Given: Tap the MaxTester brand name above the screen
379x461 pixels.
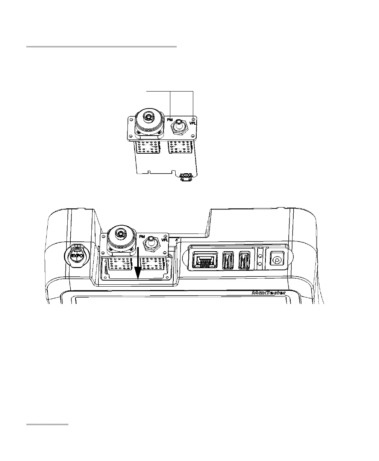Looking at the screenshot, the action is pos(268,293).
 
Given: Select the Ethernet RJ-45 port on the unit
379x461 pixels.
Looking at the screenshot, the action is pos(202,260).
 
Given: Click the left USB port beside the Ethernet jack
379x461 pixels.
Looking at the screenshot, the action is pos(228,260).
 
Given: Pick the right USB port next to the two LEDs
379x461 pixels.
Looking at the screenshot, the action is pos(244,260).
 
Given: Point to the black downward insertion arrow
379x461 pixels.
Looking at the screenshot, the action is pos(138,264).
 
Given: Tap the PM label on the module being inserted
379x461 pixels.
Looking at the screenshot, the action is pos(142,236).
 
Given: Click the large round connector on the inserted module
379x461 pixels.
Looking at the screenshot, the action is pos(120,237).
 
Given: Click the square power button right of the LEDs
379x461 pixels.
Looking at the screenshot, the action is pos(276,260).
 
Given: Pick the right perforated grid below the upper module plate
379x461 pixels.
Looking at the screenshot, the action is pos(179,147).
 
